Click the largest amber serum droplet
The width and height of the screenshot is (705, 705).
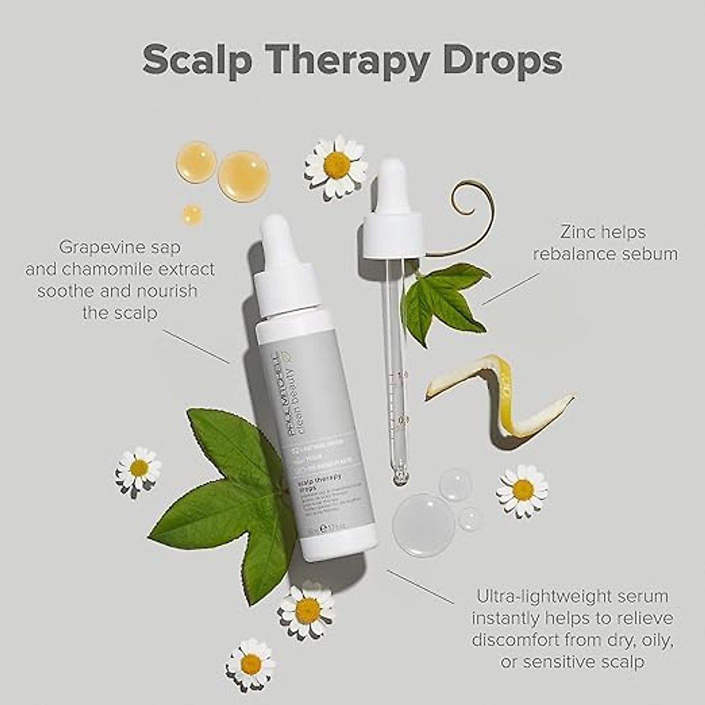(x=243, y=176)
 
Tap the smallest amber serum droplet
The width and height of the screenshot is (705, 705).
(x=192, y=214)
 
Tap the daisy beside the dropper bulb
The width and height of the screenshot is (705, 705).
(x=335, y=166)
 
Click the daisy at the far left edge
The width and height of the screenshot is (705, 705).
(x=139, y=468)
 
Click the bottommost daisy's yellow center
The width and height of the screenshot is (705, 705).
(x=251, y=664)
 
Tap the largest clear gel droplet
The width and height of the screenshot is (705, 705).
(x=423, y=524)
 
